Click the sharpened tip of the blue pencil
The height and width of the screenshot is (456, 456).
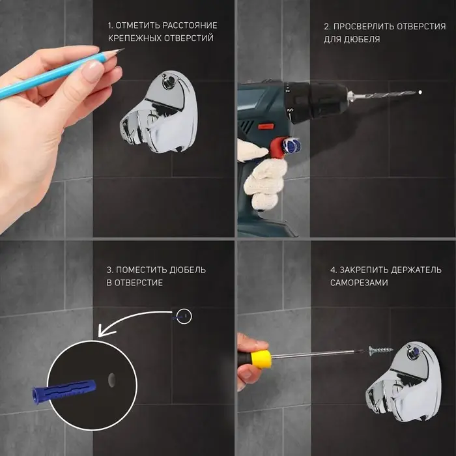(x=123, y=50)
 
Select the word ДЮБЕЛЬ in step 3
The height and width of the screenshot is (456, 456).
(x=188, y=270)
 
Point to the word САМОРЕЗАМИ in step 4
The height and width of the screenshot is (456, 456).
(x=359, y=283)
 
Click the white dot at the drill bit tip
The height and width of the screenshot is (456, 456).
(x=420, y=93)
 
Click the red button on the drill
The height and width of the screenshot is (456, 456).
(x=264, y=127)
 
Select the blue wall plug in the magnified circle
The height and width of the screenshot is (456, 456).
(x=64, y=390)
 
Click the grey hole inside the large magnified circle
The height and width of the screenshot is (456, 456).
(x=111, y=380)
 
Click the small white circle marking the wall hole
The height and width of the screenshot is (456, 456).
(x=184, y=316)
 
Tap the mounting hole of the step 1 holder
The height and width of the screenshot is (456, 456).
(x=168, y=80)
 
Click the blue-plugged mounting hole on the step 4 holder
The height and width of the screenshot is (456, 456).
(x=413, y=352)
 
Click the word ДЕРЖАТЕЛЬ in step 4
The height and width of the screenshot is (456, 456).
(x=416, y=270)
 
